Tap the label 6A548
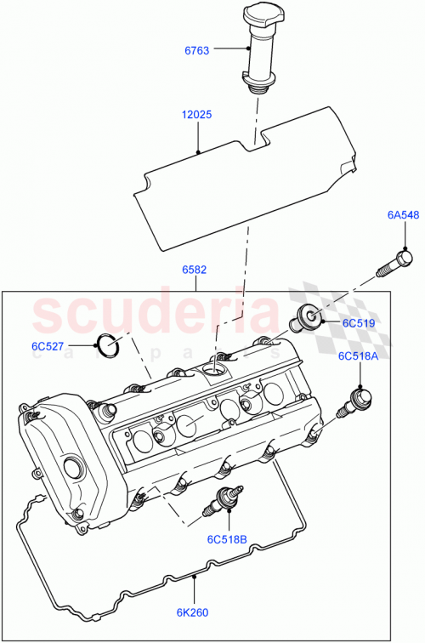[x=404, y=216]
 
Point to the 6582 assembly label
[x=195, y=270]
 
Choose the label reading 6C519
[x=359, y=323]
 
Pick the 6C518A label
[x=358, y=356]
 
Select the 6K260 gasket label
[x=195, y=611]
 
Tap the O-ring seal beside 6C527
[x=106, y=345]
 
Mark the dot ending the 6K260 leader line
[x=195, y=578]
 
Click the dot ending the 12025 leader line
[x=198, y=153]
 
